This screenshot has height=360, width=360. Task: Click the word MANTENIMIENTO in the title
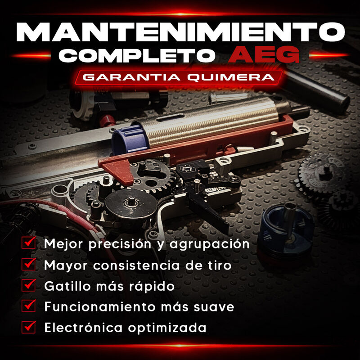[180, 32]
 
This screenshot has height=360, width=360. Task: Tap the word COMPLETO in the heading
[137, 55]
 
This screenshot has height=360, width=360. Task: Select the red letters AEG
[264, 54]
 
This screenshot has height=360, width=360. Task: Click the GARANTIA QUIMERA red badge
[179, 77]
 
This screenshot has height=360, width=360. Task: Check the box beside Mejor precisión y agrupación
[29, 243]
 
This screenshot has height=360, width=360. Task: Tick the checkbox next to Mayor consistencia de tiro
[29, 264]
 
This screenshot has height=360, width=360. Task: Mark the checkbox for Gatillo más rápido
[29, 285]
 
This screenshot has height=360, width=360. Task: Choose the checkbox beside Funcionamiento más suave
[29, 306]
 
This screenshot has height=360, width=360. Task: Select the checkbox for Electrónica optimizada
[29, 327]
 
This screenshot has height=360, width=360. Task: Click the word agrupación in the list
[209, 244]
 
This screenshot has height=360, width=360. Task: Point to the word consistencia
[136, 265]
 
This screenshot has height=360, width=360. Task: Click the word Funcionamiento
[100, 307]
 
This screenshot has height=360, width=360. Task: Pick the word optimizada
[167, 328]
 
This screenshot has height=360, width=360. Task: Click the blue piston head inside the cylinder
[129, 139]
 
